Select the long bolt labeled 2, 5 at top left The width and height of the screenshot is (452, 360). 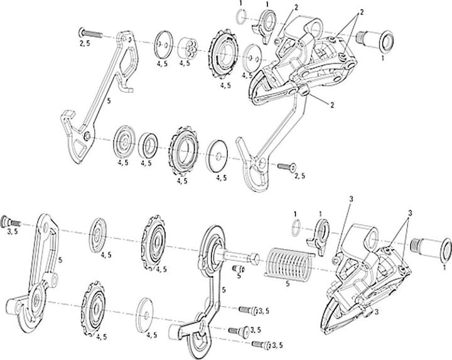click(89, 32)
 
